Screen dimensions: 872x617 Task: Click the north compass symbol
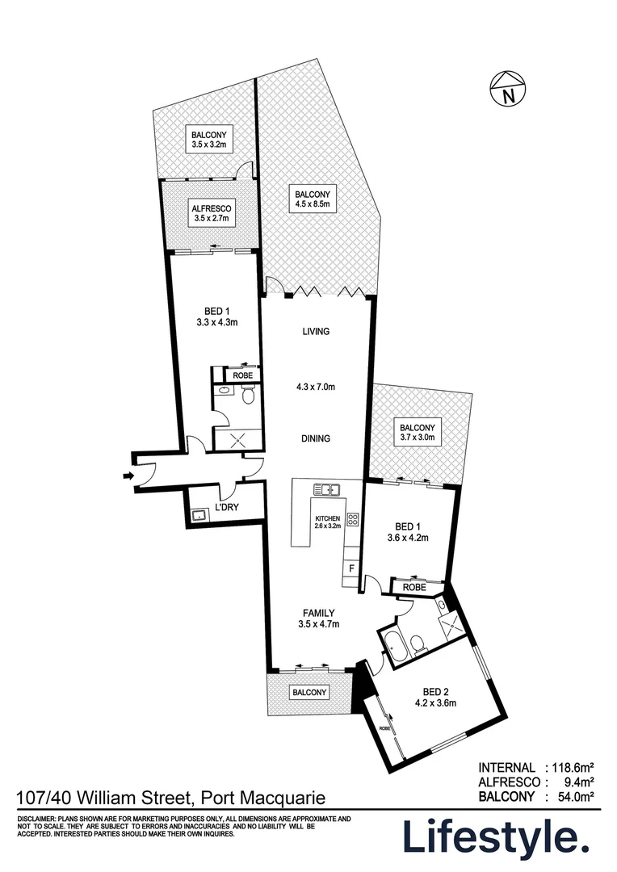[507, 90]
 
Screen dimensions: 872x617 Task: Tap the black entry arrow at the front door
[128, 477]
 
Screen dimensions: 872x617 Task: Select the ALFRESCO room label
[211, 208]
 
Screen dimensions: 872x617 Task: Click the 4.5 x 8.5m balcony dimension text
[316, 205]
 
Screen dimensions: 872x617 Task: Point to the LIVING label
[316, 331]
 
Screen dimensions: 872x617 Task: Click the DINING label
[316, 439]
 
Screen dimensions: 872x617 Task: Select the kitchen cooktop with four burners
[353, 520]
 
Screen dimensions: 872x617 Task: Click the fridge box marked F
[351, 568]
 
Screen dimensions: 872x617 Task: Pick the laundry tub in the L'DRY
[198, 514]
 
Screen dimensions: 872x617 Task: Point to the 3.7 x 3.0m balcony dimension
[417, 438]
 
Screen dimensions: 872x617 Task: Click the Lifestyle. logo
[494, 837]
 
